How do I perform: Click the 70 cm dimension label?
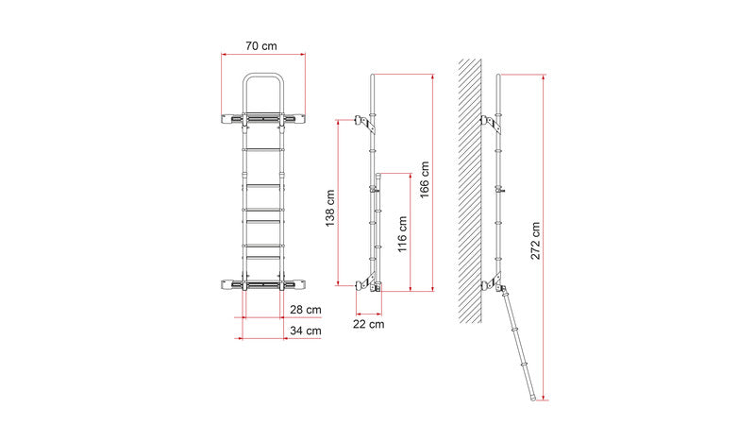(261, 46)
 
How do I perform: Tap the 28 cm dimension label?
(305, 310)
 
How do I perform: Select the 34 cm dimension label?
(305, 331)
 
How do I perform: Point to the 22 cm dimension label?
(369, 324)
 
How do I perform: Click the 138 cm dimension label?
(330, 208)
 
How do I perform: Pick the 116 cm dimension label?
(403, 234)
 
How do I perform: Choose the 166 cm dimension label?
(424, 179)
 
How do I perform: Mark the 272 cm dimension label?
(535, 241)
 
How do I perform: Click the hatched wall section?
(470, 191)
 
